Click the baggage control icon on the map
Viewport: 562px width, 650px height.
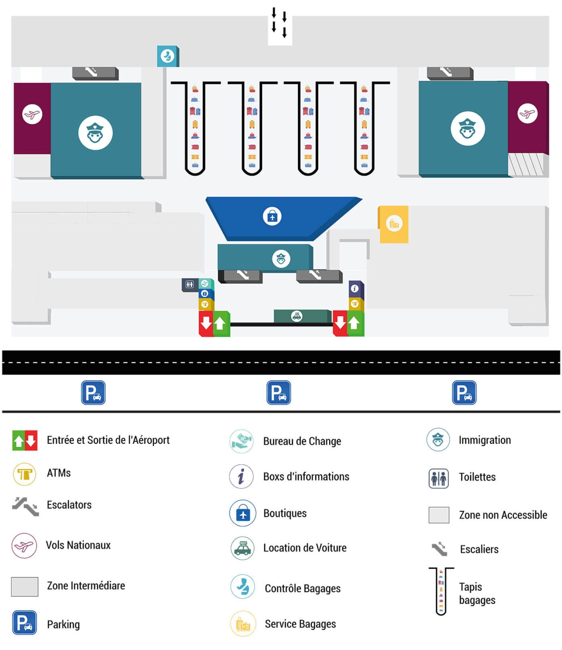pos(167,56)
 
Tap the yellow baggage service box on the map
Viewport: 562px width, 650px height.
pos(394,224)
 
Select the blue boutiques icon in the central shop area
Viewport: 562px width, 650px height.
pos(272,216)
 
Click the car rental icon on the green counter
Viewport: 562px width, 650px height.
pos(296,316)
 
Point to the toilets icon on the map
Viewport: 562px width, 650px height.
pos(189,285)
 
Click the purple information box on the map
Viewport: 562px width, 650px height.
pos(355,289)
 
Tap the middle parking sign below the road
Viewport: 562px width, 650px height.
pos(278,392)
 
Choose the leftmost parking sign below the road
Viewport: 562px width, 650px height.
pos(93,392)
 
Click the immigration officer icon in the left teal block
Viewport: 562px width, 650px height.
pos(95,133)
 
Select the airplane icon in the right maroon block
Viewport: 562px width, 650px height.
pos(527,113)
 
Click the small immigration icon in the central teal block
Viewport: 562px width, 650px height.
pos(281,259)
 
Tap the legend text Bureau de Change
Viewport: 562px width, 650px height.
pos(302,441)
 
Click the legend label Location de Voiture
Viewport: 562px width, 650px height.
pos(305,548)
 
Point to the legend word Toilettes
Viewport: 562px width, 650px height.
pos(477,477)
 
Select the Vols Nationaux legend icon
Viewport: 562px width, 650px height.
pos(24,545)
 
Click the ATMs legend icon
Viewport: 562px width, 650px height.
pos(25,474)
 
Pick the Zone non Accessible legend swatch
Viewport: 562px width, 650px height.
pos(439,515)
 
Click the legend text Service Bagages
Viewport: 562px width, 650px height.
pos(300,624)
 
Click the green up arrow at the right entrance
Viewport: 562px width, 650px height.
pos(355,323)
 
